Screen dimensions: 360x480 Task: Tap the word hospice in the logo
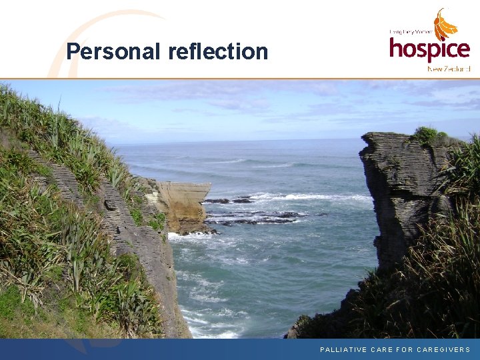[x=429, y=49]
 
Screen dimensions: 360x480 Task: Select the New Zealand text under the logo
[x=449, y=68]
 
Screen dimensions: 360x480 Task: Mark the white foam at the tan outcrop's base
[x=187, y=235]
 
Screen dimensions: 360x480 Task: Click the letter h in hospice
[x=397, y=48]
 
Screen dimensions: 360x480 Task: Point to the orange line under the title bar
[x=240, y=79]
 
